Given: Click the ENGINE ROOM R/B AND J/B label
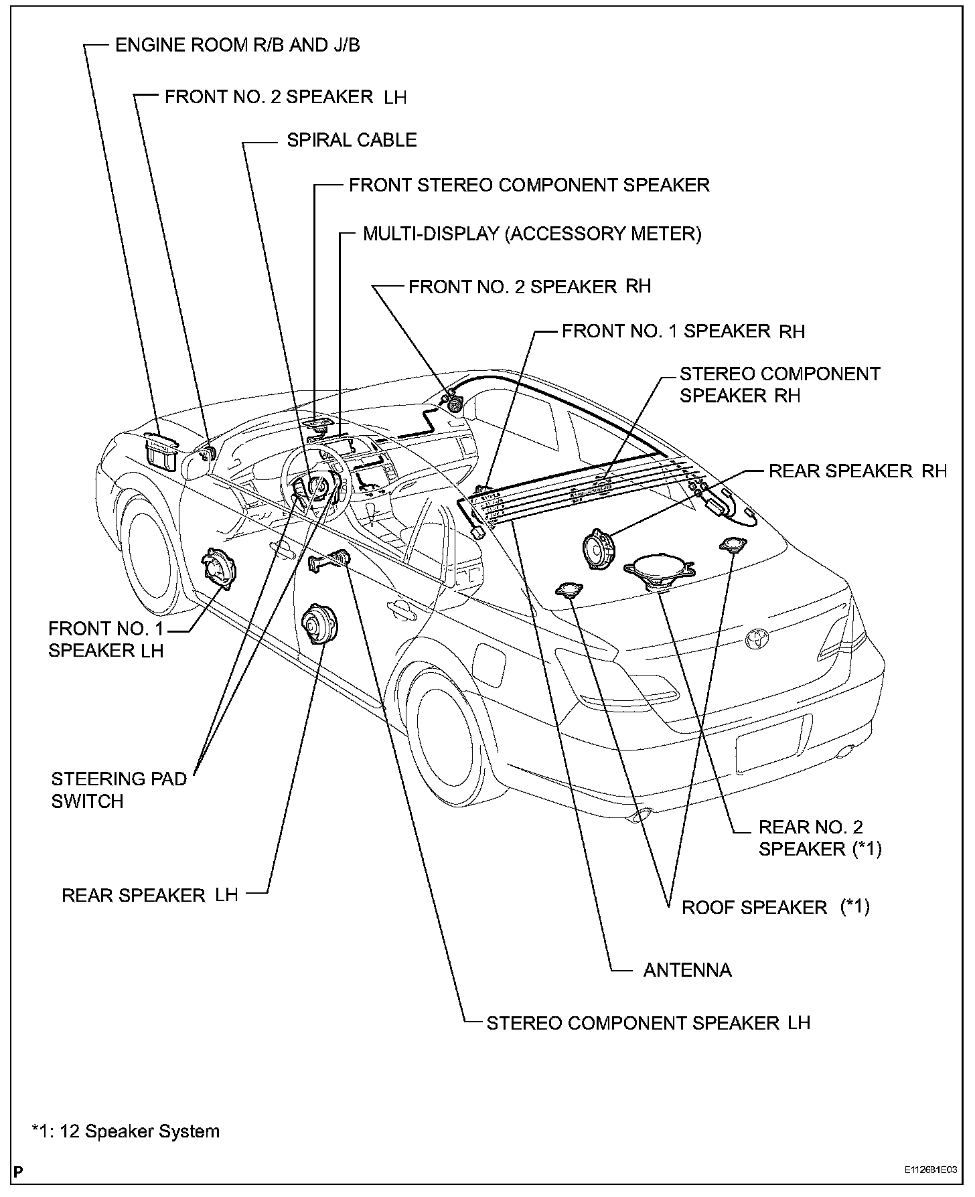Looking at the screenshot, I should [238, 45].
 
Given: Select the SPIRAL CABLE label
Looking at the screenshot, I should [352, 140].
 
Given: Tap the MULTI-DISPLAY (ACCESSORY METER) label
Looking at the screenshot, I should [532, 234].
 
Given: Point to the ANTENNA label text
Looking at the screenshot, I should [687, 970].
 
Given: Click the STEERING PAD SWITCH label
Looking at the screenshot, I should [119, 790].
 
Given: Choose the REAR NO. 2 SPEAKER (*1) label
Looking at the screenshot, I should [820, 838].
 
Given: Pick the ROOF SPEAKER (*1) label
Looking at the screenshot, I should [775, 907].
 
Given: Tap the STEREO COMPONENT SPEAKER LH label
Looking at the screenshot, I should [648, 1023].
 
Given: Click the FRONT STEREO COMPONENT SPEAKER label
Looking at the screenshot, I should [529, 185].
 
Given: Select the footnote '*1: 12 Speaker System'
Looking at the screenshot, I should [126, 1131].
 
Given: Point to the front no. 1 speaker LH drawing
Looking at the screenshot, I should [219, 569].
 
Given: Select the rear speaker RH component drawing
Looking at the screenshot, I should [599, 550].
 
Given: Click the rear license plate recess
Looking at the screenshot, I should [773, 743].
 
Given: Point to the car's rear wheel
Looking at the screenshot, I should [447, 726].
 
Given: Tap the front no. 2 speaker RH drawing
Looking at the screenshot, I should [454, 404].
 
